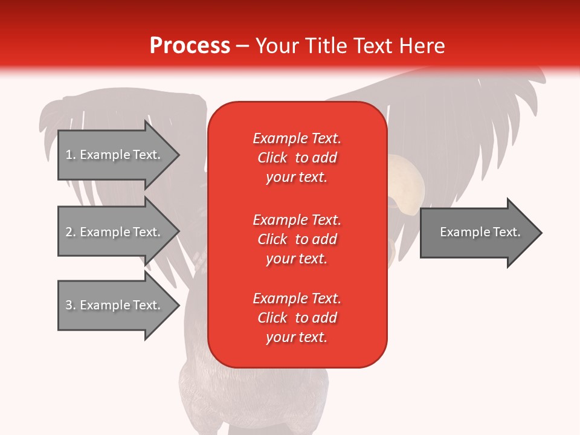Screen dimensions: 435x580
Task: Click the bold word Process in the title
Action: point(190,46)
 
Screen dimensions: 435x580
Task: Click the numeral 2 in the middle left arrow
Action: point(69,232)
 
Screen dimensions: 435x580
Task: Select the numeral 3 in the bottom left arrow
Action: point(69,305)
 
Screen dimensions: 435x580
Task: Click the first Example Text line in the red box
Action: point(297,138)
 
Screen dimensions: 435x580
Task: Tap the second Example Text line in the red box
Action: point(297,219)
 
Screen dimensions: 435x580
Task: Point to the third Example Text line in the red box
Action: point(297,298)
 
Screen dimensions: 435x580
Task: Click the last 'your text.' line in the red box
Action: point(297,337)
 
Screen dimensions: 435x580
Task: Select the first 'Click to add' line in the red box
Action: point(297,158)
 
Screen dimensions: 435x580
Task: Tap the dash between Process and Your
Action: point(242,47)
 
